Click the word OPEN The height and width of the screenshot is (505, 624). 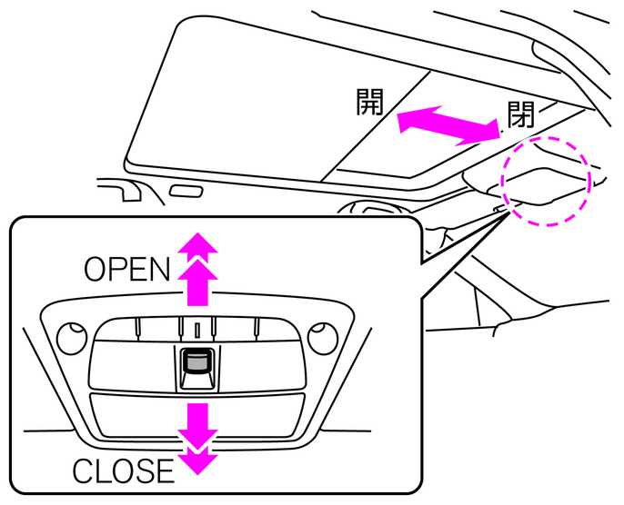tap(127, 269)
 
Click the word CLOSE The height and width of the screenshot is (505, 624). tap(123, 470)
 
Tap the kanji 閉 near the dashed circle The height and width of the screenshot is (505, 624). tap(520, 115)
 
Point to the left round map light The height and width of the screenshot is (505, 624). tap(69, 338)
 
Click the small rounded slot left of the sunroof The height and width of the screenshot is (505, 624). tap(186, 193)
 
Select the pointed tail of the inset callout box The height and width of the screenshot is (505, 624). tap(473, 227)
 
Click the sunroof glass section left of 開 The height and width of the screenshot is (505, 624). tap(246, 100)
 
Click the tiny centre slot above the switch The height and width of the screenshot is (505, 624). tap(196, 327)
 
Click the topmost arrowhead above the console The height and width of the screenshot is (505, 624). tap(196, 240)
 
